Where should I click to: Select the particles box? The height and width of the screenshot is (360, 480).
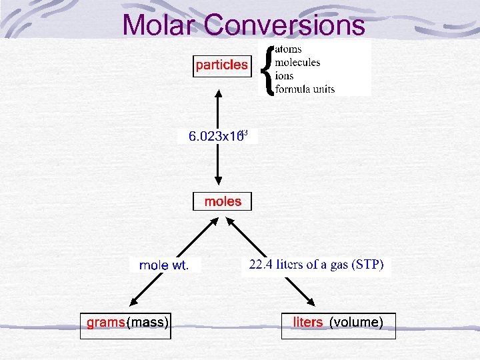point(221,65)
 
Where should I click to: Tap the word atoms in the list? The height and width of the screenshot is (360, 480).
point(288,49)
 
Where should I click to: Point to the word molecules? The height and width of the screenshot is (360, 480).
point(297,62)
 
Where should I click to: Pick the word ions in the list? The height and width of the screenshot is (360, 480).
point(284,75)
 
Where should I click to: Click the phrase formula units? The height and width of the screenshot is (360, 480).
point(305,89)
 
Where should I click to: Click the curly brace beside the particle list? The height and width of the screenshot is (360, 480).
point(268,69)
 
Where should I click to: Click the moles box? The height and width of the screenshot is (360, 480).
point(223,201)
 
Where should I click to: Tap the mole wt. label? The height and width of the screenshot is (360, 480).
point(164,266)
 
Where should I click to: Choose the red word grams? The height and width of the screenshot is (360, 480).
point(106,323)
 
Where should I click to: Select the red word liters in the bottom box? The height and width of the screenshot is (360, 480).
point(308,323)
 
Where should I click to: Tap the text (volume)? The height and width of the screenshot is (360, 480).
point(357,323)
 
